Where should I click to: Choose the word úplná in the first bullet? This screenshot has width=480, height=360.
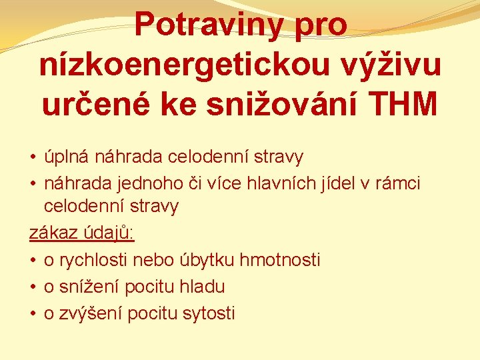point(66,157)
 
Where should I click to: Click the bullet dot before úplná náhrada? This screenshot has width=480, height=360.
point(32,158)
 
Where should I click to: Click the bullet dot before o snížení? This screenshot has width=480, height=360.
point(32,287)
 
